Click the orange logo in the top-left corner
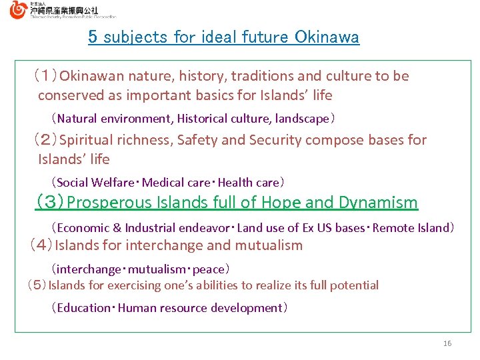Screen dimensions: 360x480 pos(19,9)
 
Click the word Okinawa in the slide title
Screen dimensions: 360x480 pos(327,37)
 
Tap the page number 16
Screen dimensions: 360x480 pos(447,343)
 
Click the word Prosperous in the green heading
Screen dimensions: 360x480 pos(110,203)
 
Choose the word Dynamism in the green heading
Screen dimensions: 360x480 pos(378,203)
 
